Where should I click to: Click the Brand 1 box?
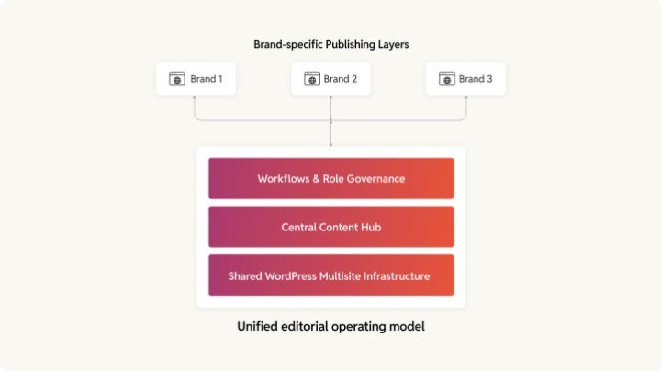point(196,79)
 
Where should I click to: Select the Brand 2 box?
point(330,79)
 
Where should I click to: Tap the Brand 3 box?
point(465,79)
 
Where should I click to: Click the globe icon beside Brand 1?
point(177,79)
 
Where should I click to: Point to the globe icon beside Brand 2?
point(312,79)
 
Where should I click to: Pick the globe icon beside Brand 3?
point(447,79)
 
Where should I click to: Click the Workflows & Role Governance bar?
point(330,178)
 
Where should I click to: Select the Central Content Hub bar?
point(330,227)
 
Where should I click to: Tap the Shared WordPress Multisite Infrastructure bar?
point(330,275)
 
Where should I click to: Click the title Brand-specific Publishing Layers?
point(330,44)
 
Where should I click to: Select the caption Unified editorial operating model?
point(330,327)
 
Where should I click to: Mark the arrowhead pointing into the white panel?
point(330,143)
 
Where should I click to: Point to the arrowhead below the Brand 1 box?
point(196,98)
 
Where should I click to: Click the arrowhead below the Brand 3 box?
point(465,98)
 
